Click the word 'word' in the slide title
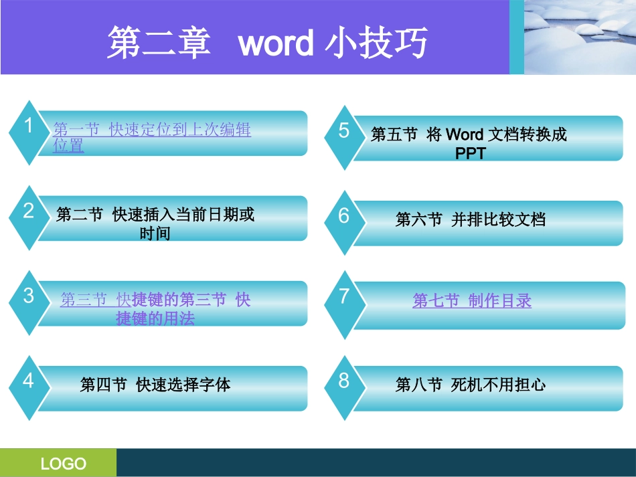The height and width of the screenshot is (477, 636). click(275, 44)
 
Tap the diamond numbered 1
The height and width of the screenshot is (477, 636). click(27, 131)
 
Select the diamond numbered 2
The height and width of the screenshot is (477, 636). click(27, 216)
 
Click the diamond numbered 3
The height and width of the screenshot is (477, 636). click(27, 301)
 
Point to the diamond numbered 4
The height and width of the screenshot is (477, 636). click(27, 386)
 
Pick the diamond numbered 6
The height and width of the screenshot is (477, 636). click(343, 220)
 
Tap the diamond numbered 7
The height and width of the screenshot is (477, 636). click(343, 302)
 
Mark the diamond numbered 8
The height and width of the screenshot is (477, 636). click(343, 386)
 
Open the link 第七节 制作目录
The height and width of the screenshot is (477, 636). click(472, 301)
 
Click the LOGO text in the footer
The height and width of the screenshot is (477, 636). click(64, 464)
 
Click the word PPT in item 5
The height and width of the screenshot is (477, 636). click(470, 153)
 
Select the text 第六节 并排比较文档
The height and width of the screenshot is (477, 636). click(471, 219)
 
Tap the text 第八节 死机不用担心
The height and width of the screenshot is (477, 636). click(471, 385)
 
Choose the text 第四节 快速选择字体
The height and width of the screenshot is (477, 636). click(155, 385)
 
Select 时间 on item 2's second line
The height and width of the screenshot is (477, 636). click(155, 233)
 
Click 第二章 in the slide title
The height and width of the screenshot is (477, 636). click(159, 44)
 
